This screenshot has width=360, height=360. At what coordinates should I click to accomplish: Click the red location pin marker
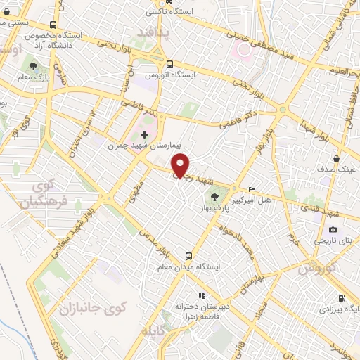[181, 165]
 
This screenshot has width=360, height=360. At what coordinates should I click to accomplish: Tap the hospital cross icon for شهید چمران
[144, 134]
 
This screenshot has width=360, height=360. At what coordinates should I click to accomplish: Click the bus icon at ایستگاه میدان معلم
[188, 256]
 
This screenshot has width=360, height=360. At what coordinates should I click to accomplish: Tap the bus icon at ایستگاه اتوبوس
[169, 62]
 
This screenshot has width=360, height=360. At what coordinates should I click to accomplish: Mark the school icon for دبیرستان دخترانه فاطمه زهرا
[201, 295]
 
